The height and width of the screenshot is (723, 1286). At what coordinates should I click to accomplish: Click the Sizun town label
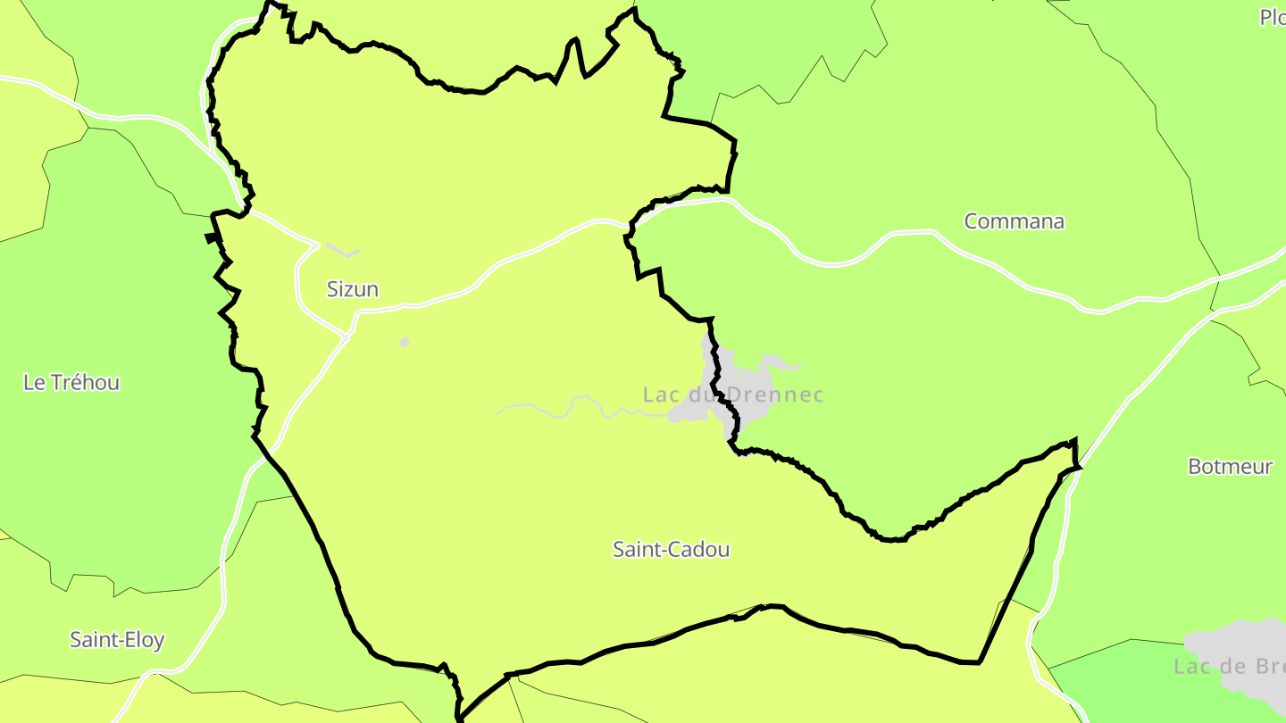[352, 289]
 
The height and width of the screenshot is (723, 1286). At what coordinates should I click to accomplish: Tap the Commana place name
[1014, 221]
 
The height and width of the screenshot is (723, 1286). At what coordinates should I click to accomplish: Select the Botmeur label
[1230, 466]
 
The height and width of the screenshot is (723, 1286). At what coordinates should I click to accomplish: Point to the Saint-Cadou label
[671, 550]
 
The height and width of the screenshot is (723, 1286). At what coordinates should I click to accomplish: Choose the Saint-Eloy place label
[117, 640]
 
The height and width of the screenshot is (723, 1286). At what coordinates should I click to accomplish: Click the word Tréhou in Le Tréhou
[85, 383]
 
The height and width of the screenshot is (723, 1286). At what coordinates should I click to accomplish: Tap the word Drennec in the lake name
[775, 395]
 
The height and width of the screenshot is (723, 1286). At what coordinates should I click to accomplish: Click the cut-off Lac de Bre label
[1228, 666]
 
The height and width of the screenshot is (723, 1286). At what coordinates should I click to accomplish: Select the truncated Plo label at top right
[1272, 17]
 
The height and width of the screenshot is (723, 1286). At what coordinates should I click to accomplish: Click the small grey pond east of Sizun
[405, 341]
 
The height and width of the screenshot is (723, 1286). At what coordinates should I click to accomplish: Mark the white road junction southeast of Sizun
[346, 337]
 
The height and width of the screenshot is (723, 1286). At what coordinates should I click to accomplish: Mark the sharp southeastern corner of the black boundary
[979, 662]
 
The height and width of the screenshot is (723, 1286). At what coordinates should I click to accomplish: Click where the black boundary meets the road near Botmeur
[1078, 466]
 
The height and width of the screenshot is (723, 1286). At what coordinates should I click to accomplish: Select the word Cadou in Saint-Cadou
[700, 550]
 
